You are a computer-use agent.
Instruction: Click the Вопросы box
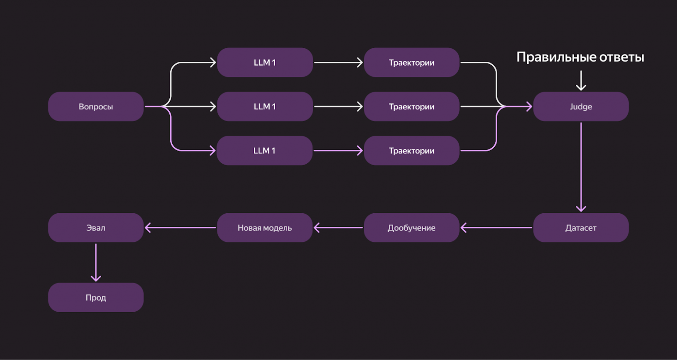tap(95, 106)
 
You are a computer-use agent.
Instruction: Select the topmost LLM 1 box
tap(265, 63)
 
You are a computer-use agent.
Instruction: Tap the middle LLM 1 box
tap(265, 106)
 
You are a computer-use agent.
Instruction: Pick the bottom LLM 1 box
tap(265, 151)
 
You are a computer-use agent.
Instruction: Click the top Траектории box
tap(411, 63)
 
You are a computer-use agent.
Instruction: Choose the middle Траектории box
tap(411, 106)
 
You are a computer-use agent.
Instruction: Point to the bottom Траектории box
tap(411, 151)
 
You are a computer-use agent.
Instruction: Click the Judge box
tap(581, 106)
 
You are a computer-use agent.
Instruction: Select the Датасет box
tap(581, 228)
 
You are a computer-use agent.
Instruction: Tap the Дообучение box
tap(411, 228)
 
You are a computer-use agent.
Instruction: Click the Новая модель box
tap(265, 228)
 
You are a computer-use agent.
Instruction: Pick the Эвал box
tap(95, 228)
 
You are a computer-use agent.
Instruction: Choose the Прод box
tap(95, 297)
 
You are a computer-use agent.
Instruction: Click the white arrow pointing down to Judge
tap(581, 81)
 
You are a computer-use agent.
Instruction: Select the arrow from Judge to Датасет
tap(581, 167)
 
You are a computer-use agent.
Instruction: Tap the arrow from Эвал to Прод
tap(95, 262)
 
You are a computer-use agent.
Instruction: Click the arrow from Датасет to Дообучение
tap(496, 228)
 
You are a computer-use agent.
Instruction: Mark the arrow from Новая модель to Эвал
tap(180, 228)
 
